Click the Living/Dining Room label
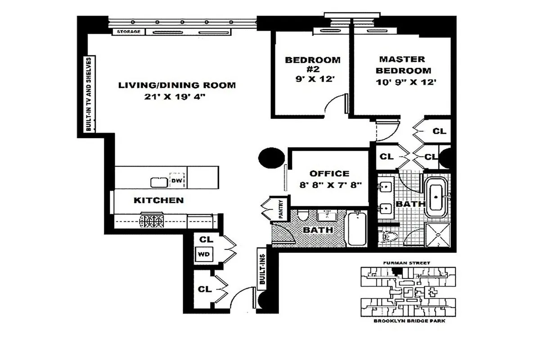pos(177,85)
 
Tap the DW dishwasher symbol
pos(176,181)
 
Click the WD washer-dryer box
pos(204,254)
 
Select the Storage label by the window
pos(129,32)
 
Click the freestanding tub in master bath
pos(436,197)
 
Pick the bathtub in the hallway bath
pos(357,229)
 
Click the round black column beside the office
pos(272,157)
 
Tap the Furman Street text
pos(407,263)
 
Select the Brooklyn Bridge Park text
pos(407,321)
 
